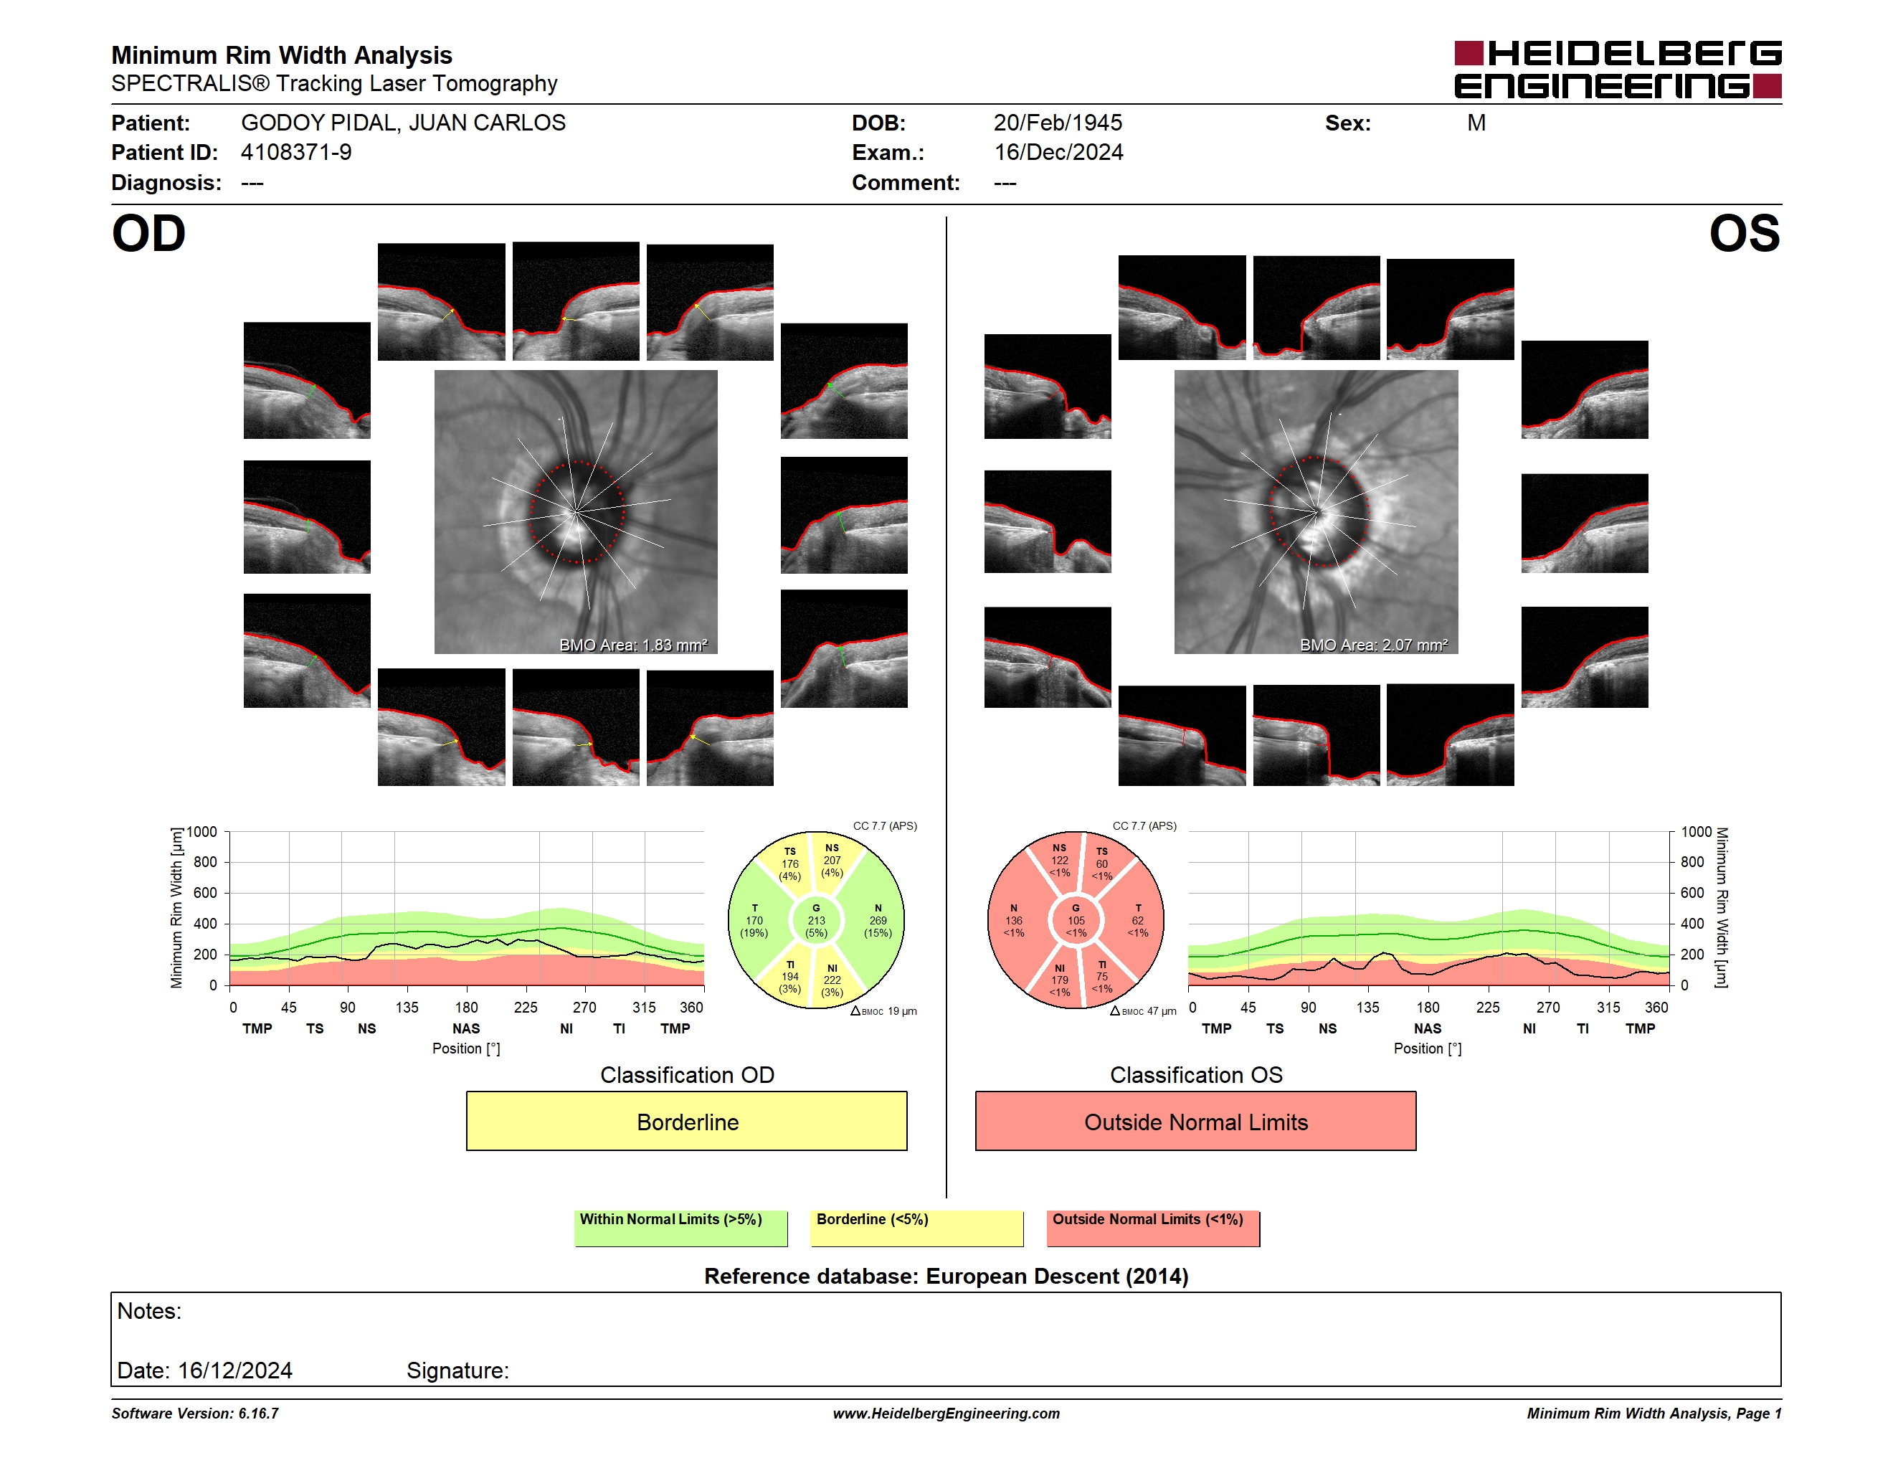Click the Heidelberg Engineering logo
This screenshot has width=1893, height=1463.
[1618, 70]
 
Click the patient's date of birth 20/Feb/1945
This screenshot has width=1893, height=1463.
[1058, 123]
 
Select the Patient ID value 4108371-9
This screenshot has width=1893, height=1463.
[296, 153]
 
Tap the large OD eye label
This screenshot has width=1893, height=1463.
[149, 234]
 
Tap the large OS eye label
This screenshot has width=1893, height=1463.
[1744, 234]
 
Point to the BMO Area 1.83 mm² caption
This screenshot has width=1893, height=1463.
[634, 645]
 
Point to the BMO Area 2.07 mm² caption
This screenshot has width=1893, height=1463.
[1374, 645]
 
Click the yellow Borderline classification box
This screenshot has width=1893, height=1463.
[686, 1122]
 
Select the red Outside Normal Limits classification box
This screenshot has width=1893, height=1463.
[1195, 1122]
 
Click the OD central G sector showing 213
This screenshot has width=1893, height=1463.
[815, 920]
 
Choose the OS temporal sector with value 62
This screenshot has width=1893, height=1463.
[1137, 920]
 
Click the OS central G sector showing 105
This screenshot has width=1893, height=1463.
[1076, 920]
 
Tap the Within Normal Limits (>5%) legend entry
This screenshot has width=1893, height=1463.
[680, 1228]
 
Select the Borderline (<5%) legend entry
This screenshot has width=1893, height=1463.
[916, 1228]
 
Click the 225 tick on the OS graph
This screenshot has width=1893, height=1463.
[1487, 1007]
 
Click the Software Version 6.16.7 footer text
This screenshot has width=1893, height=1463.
[195, 1414]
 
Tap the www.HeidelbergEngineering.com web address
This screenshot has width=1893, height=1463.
[946, 1414]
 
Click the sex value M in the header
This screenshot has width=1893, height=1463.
[1476, 123]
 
